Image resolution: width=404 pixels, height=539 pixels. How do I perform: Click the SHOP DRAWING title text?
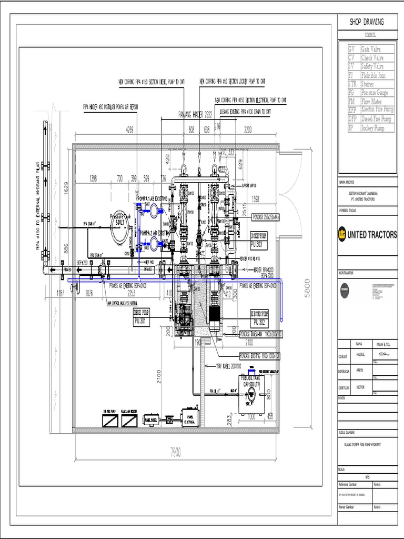pos(367,22)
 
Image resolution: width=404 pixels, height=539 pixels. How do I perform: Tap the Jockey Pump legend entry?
pos(372,128)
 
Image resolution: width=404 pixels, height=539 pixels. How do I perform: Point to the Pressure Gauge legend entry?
pos(371,92)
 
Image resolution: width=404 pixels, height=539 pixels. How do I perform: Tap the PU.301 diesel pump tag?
pos(141,321)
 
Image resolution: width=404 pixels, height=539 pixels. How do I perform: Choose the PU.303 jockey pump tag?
pos(259,245)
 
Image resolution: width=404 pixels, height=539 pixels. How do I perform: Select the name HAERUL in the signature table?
pos(360,355)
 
